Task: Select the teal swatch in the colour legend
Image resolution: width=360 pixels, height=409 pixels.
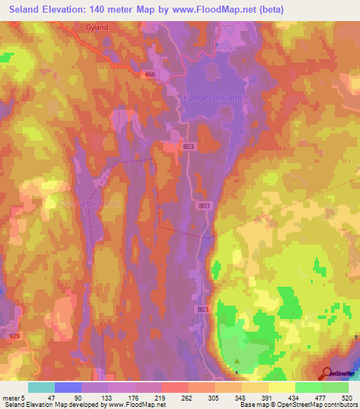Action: coord(41,387)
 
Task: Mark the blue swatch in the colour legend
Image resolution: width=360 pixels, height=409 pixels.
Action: coord(68,387)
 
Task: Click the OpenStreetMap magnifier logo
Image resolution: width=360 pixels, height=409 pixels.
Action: coord(326,374)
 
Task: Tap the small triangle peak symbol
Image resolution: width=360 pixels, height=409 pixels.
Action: coord(237,361)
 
